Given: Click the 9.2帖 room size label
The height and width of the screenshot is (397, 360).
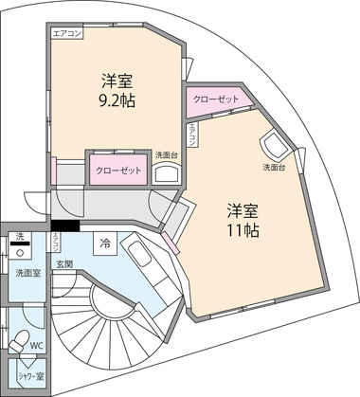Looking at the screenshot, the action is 117,102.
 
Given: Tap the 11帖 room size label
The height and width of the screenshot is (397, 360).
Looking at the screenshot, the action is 243,231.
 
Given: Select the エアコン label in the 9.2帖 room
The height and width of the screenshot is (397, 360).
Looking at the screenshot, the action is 67,33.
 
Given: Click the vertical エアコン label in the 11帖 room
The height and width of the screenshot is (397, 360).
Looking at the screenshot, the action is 191,135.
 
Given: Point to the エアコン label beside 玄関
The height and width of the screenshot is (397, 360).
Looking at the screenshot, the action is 56,242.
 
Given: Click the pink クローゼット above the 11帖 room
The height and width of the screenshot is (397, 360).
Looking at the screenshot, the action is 216,100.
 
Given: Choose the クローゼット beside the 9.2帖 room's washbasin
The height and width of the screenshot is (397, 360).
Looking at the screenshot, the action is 118,171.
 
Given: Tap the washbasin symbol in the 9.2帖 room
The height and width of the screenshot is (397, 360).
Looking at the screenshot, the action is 166,173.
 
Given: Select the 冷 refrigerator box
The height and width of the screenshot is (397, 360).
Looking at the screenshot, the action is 105,244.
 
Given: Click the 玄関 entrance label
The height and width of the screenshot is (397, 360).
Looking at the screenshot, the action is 64,264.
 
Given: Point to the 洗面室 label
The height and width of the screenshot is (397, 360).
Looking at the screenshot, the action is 28,273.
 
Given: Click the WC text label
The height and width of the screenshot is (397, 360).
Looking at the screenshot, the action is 37,345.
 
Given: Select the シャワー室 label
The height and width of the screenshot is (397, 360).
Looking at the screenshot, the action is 31,376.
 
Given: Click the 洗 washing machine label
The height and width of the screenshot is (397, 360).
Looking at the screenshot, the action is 20,237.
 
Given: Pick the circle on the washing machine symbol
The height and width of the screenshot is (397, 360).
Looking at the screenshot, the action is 20,253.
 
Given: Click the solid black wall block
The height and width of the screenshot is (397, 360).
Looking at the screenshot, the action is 65,226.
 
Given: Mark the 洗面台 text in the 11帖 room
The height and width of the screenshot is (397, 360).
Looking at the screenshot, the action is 274,168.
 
